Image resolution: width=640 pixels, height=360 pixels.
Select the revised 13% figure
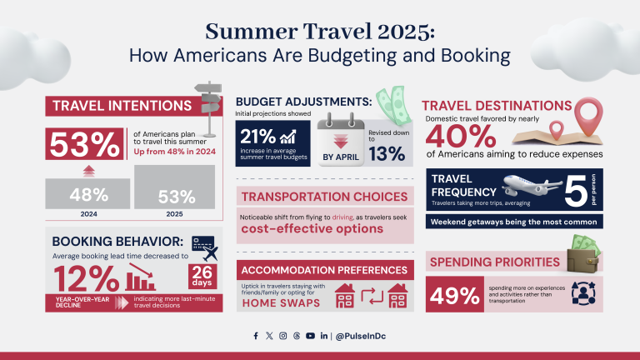coord(387,153)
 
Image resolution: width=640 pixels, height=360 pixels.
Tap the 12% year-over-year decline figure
coord(86,277)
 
